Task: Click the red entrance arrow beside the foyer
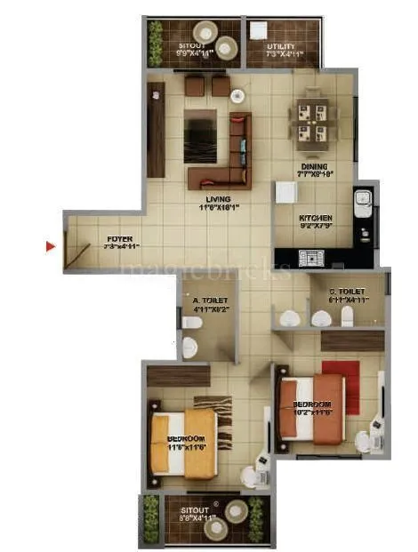coord(51,246)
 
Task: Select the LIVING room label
coord(218,199)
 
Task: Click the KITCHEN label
coord(316,218)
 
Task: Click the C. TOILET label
coord(347,291)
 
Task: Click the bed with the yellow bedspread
coord(184,437)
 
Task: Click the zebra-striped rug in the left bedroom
coord(220,422)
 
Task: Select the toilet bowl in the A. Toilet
coord(189,345)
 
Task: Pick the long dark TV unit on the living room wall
coord(157,130)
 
